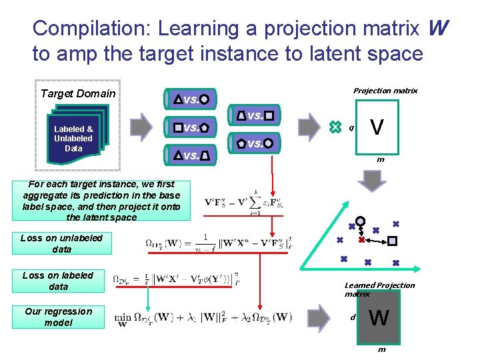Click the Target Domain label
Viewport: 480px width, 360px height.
78,93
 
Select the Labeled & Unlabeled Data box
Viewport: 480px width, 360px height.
73,138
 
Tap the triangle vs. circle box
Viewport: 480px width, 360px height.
191,99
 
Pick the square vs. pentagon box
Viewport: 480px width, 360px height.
191,127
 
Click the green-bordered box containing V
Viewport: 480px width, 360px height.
377,127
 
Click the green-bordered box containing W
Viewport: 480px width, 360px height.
377,318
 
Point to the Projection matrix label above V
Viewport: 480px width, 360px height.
385,90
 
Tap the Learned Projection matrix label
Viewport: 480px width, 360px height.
379,289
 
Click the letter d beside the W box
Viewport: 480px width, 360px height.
353,317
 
